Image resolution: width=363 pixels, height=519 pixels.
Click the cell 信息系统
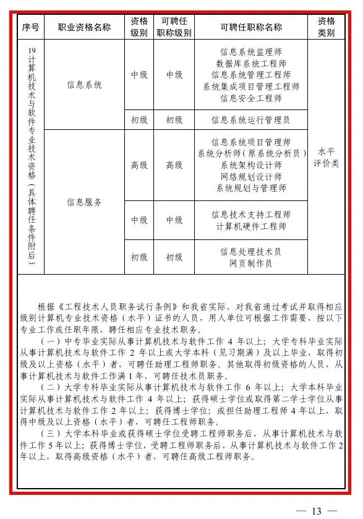(x=84, y=85)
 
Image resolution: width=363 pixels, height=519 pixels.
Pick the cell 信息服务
(x=84, y=202)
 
